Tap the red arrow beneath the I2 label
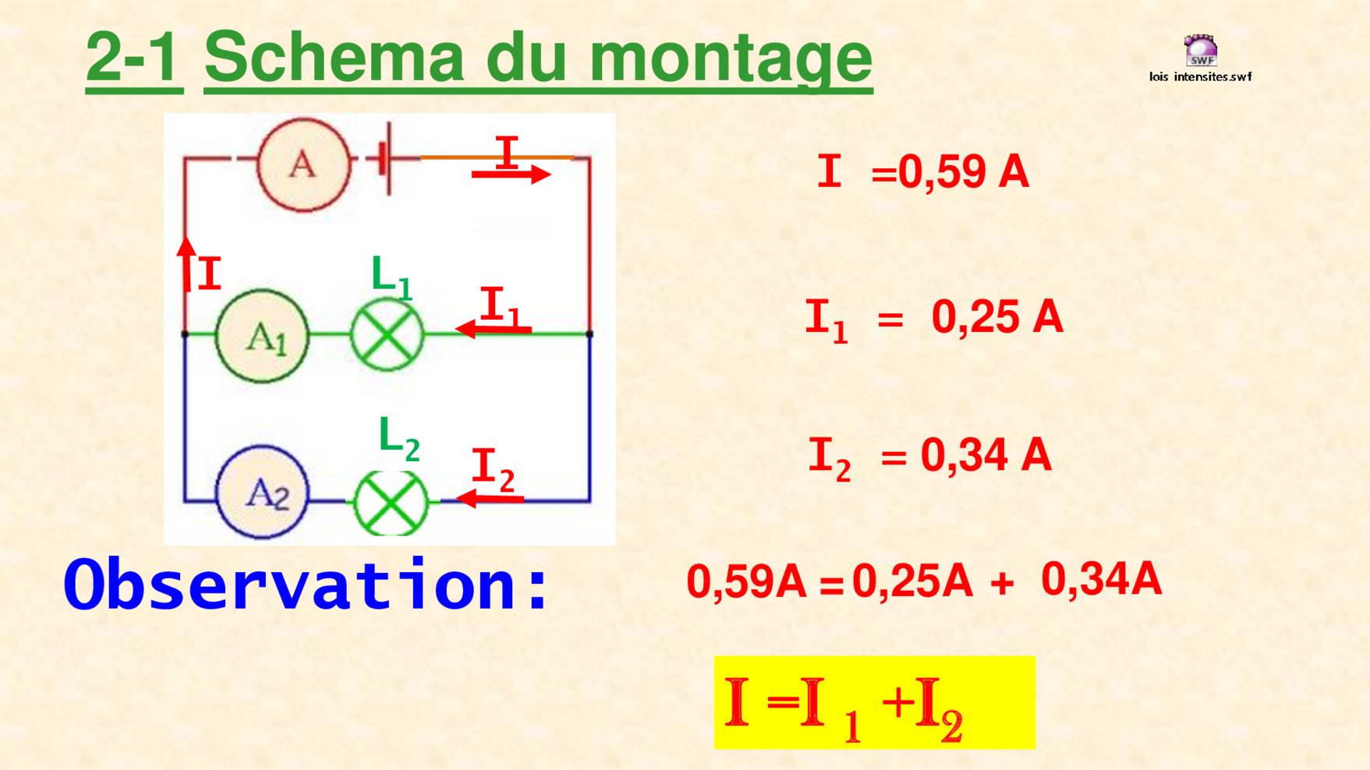pyautogui.click(x=489, y=497)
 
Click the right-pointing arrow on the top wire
pyautogui.click(x=512, y=175)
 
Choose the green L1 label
pyautogui.click(x=391, y=277)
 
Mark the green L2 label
pyautogui.click(x=399, y=438)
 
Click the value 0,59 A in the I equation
pyautogui.click(x=964, y=171)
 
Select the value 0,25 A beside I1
pyautogui.click(x=997, y=317)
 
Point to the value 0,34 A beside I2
pyautogui.click(x=986, y=455)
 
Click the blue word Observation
pyautogui.click(x=306, y=585)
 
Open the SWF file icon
pyautogui.click(x=1201, y=51)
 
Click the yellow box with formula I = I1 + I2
pyautogui.click(x=875, y=702)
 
